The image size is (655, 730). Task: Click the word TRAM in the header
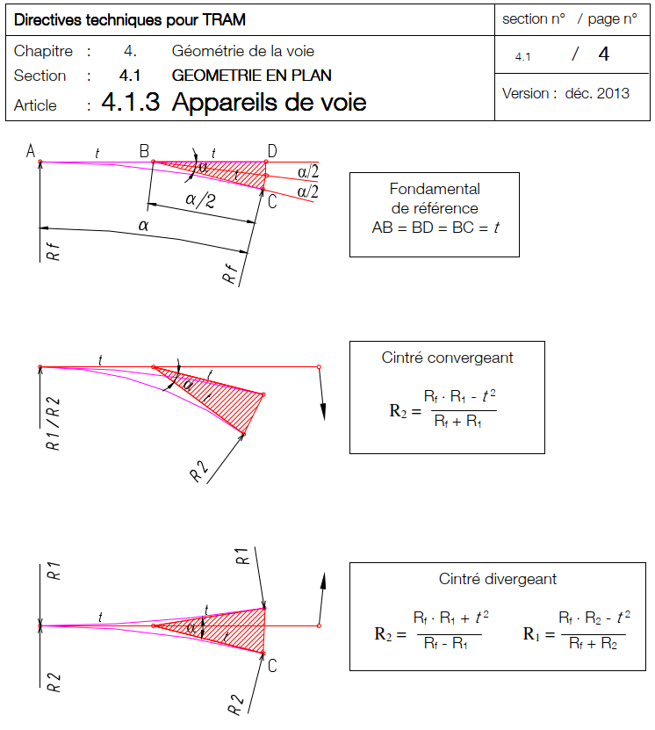point(222,19)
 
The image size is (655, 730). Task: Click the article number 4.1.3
point(130,103)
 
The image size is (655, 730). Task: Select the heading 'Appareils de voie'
point(269,103)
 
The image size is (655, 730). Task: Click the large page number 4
point(603,54)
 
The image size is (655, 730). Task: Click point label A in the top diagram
point(31,152)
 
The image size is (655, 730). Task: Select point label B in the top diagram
point(144,151)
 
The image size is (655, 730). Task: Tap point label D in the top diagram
point(272,151)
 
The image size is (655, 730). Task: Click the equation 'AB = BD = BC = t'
point(435,226)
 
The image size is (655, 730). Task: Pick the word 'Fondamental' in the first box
point(435,189)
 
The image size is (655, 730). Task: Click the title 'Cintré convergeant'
point(447,358)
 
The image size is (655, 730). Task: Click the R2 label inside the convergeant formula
point(399,409)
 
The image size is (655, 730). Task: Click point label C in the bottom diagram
point(272,665)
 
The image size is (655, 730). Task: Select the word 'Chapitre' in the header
point(44,51)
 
